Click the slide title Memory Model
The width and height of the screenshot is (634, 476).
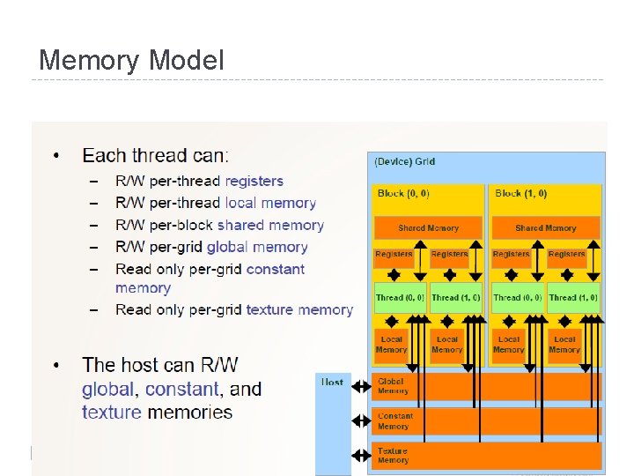[x=131, y=61]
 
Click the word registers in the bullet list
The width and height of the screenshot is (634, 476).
[x=254, y=181]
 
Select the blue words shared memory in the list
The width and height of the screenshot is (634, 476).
[x=270, y=225]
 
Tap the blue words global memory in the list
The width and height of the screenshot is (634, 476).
[x=257, y=248]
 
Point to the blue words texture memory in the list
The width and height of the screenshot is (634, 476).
[x=299, y=309]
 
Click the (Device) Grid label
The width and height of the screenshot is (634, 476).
[x=405, y=162]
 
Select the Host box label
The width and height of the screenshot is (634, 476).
[x=332, y=382]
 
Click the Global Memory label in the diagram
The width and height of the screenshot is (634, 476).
[x=393, y=386]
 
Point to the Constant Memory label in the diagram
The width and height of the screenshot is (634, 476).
[x=395, y=421]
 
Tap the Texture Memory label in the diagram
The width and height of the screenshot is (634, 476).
[x=393, y=456]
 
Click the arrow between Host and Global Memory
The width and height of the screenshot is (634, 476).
[x=361, y=387]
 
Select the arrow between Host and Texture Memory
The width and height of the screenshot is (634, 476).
[x=361, y=457]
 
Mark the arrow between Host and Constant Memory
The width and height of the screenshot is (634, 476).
[x=361, y=421]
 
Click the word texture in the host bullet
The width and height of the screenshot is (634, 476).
[x=112, y=413]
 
